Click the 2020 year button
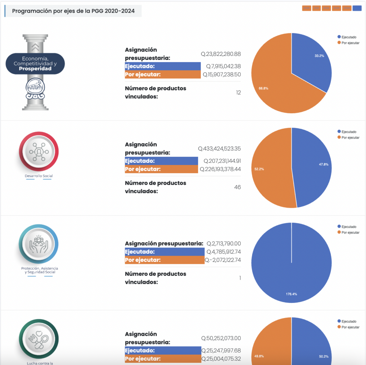click(x=306, y=8)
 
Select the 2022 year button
click(x=326, y=8)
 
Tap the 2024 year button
click(x=347, y=8)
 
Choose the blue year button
click(x=357, y=8)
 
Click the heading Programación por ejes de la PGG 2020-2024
click(x=73, y=11)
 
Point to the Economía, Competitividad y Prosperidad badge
click(x=35, y=64)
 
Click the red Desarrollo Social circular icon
click(x=39, y=151)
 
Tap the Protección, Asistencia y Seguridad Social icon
click(x=39, y=245)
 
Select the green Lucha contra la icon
click(x=39, y=338)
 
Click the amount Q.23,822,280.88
click(x=221, y=54)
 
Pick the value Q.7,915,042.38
click(x=223, y=66)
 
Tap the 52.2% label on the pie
click(x=259, y=169)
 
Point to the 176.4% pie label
click(x=291, y=294)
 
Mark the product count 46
click(x=237, y=187)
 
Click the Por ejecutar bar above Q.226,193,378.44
click(x=161, y=169)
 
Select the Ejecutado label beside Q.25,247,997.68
click(x=140, y=350)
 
